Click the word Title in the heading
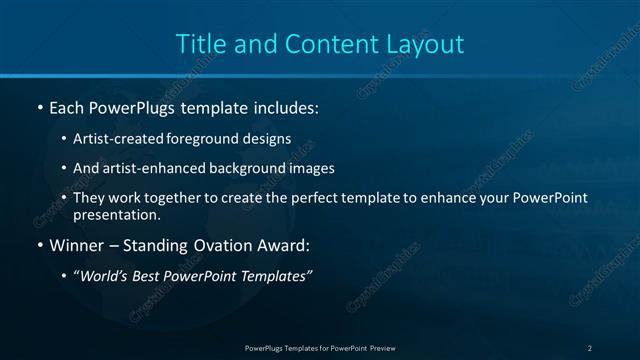(199, 44)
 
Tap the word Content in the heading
(321, 44)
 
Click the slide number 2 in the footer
(590, 347)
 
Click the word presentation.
(117, 214)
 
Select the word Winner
(74, 244)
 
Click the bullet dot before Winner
(39, 245)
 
